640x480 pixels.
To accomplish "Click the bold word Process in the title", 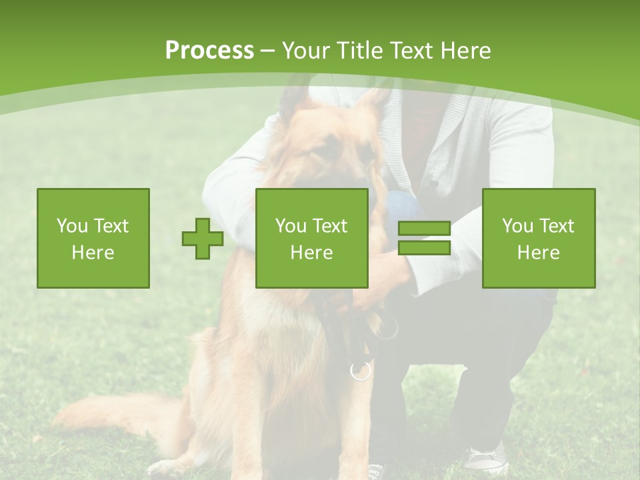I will (209, 51).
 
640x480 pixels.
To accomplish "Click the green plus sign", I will (203, 239).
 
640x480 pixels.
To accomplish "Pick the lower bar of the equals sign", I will (424, 248).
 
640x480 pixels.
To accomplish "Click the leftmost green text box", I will (93, 239).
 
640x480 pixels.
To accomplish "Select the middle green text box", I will (312, 239).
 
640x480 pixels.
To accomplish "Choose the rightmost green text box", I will (539, 239).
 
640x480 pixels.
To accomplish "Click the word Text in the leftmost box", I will (111, 226).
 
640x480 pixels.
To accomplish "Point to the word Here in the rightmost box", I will (539, 253).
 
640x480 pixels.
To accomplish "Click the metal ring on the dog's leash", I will (361, 371).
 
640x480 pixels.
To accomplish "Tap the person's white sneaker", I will (485, 460).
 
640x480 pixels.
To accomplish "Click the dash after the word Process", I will (268, 51).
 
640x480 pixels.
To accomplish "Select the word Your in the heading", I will (305, 51).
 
